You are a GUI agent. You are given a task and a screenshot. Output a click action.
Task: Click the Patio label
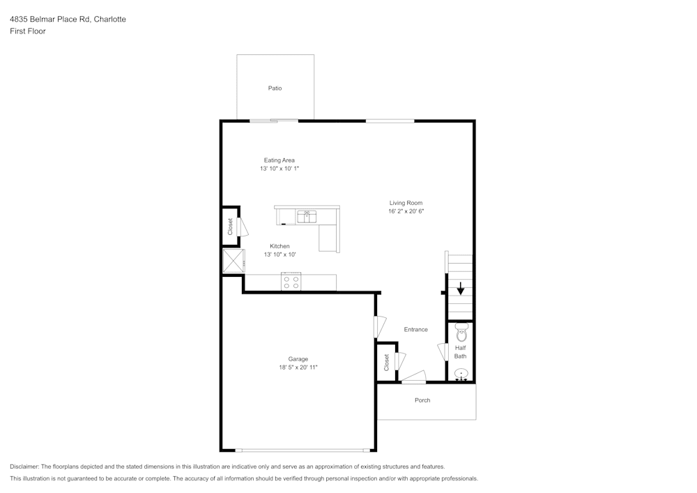click(x=275, y=89)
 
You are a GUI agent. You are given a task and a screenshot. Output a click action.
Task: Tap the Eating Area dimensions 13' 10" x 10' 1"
click(x=279, y=169)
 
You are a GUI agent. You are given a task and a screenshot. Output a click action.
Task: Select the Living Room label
click(x=406, y=203)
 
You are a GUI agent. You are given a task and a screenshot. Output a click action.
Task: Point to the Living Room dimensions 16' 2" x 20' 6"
click(x=406, y=211)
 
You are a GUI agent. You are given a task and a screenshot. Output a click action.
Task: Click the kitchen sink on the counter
click(x=307, y=217)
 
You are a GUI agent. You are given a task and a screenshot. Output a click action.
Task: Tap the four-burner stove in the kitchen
click(x=291, y=282)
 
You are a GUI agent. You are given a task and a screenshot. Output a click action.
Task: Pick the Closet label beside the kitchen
click(x=231, y=227)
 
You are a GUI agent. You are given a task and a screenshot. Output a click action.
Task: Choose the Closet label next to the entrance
click(x=386, y=363)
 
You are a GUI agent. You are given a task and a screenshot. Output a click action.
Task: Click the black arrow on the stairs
click(x=460, y=289)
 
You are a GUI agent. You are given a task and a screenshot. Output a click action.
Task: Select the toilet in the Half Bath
click(x=461, y=333)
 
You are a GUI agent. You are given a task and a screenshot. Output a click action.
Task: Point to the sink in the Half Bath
click(x=461, y=375)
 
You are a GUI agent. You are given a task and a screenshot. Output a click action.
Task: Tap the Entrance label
click(x=416, y=329)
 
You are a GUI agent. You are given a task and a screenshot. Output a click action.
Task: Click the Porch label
click(x=422, y=400)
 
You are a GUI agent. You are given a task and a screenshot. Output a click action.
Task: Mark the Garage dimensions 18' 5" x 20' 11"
click(x=298, y=367)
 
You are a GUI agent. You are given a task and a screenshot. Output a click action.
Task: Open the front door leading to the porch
click(x=413, y=380)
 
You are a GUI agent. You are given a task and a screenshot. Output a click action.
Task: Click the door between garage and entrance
click(x=378, y=327)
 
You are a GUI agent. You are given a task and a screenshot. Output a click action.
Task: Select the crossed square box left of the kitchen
click(x=233, y=261)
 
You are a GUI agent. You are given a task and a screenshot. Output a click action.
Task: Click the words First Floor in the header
click(x=28, y=31)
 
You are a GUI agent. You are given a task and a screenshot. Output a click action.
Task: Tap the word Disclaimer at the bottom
click(x=24, y=467)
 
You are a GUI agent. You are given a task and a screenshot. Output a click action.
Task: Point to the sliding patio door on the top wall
click(x=274, y=121)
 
